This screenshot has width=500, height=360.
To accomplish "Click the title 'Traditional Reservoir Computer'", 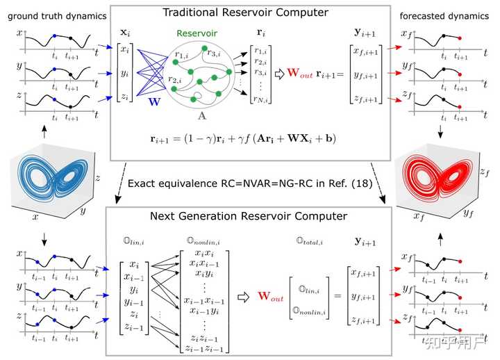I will [x=247, y=12].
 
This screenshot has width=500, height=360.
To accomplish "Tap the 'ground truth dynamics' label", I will [x=53, y=15].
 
